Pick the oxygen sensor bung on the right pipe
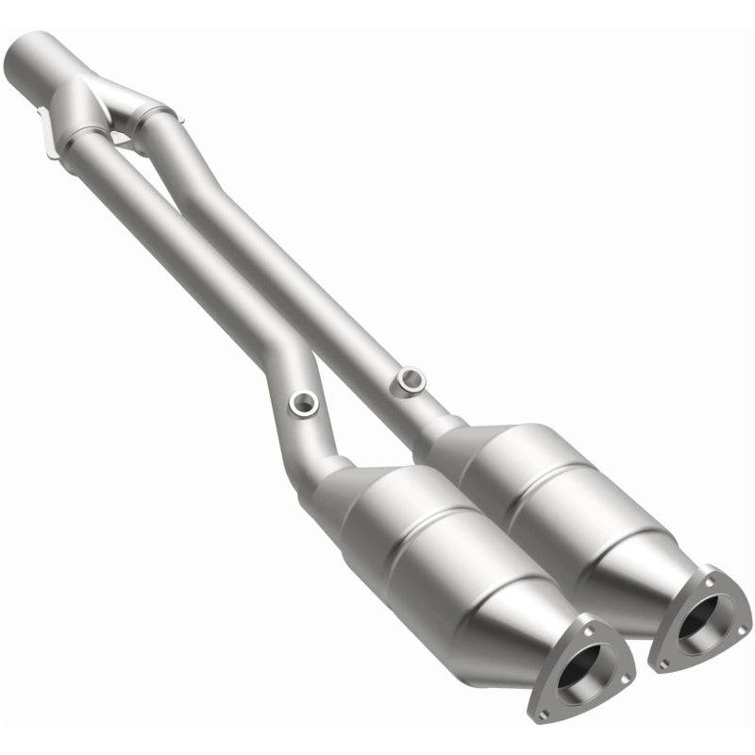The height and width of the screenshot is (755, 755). coord(411,379)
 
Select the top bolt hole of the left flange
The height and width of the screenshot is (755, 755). coord(590,623)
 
